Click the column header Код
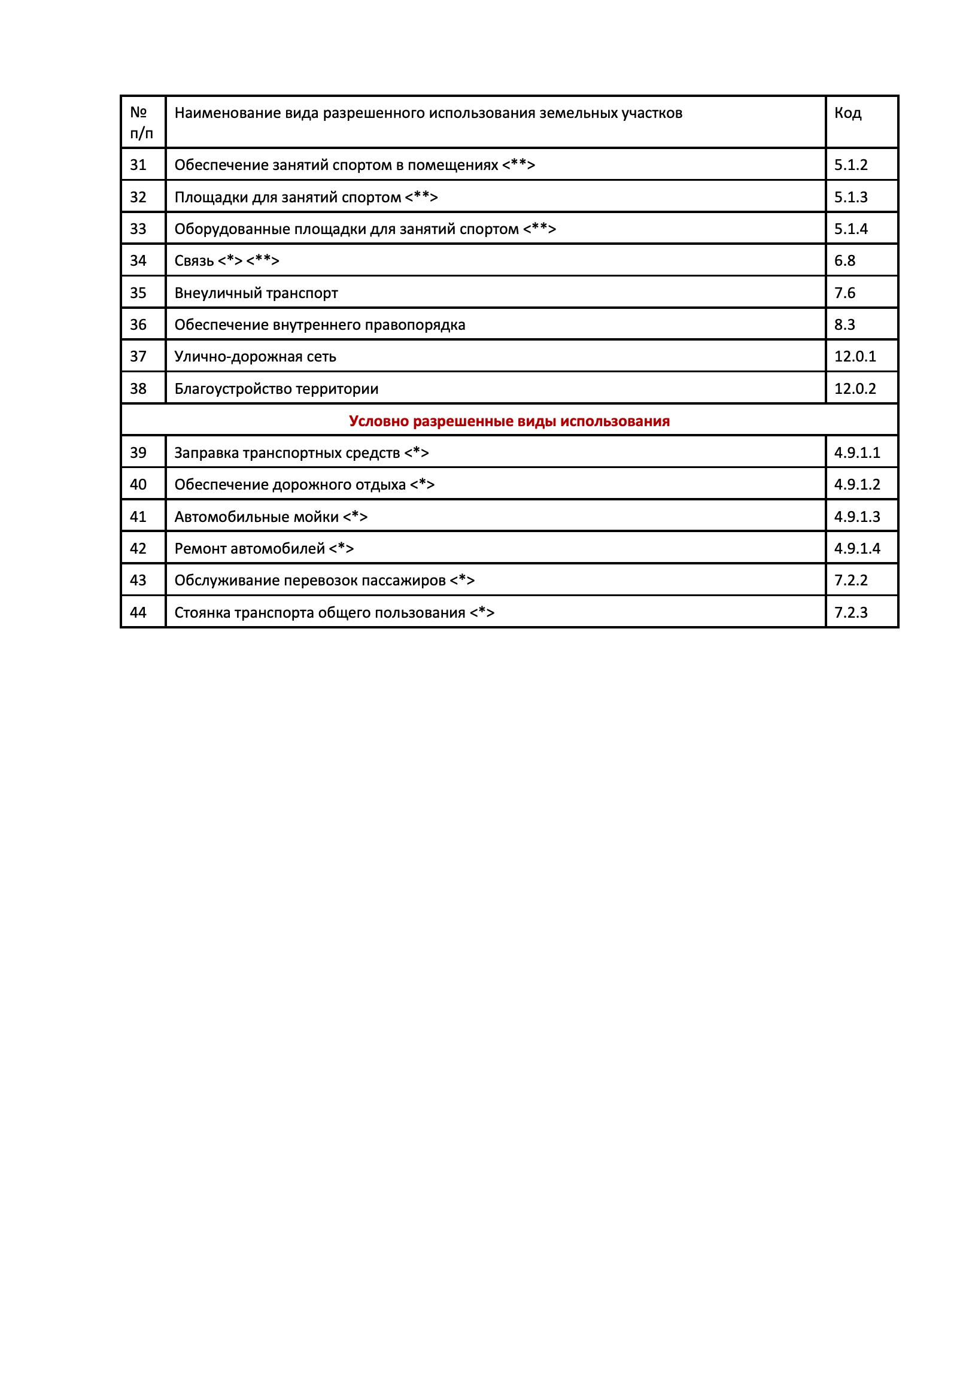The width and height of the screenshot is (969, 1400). click(848, 114)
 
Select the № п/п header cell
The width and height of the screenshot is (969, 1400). click(141, 123)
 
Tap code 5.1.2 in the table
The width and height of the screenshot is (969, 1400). click(850, 165)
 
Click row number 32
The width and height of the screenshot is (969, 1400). click(138, 198)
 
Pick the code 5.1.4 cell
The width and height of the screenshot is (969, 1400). click(850, 229)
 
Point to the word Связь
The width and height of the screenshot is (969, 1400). click(194, 261)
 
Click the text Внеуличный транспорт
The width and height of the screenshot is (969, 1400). click(256, 293)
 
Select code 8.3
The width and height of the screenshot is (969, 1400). click(845, 325)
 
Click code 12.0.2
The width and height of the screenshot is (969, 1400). click(855, 388)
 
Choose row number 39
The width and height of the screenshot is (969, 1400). click(138, 453)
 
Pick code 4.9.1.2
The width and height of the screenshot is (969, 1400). click(856, 484)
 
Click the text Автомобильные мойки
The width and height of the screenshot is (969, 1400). click(256, 517)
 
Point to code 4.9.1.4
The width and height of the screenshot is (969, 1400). click(856, 549)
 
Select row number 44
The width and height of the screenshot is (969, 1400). click(138, 612)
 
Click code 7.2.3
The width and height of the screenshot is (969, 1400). click(850, 612)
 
